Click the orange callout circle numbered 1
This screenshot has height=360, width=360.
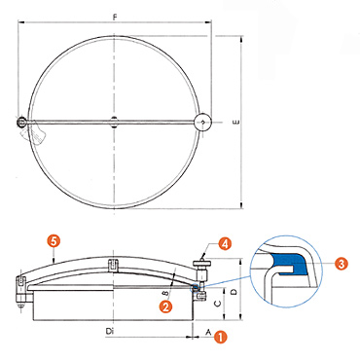(221, 337)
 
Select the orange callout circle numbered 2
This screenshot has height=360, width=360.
(165, 306)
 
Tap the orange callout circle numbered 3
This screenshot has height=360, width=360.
(342, 264)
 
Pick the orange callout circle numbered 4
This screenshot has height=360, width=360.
(225, 244)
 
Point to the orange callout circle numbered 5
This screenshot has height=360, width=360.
(54, 241)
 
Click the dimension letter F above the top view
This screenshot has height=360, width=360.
(115, 18)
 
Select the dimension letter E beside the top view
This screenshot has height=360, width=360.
(236, 123)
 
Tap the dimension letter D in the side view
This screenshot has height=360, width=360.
(233, 292)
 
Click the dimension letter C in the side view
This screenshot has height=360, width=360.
(218, 304)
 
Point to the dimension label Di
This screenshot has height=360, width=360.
(110, 331)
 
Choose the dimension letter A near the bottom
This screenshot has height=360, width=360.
(209, 332)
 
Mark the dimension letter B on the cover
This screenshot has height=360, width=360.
(165, 294)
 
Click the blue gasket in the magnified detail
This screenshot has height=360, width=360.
(289, 264)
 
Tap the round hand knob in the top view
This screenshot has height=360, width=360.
(202, 122)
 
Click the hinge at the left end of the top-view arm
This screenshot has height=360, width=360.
(21, 122)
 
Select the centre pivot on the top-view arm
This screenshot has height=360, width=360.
(114, 122)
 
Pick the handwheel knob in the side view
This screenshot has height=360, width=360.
(202, 263)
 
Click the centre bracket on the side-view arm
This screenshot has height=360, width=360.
(113, 264)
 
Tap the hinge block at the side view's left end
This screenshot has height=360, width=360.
(21, 290)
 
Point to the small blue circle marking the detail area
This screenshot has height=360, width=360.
(196, 287)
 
